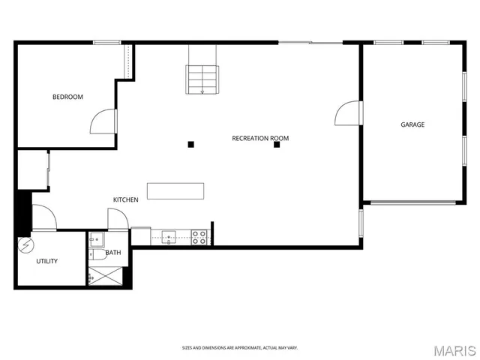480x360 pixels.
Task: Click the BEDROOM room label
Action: [x=67, y=97]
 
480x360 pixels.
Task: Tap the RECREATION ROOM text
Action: [x=260, y=138]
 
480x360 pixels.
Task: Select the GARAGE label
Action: [x=412, y=124]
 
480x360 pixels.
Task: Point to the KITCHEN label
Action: [x=125, y=199]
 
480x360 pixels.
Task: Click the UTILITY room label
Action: [x=47, y=261]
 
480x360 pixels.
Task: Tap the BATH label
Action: [x=113, y=253]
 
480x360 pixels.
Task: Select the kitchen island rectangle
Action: [x=175, y=190]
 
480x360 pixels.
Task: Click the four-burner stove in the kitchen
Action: [x=199, y=238]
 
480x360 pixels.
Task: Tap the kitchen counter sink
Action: [x=169, y=237]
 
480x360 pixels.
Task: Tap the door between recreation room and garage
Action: [x=348, y=113]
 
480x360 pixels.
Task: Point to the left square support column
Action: [x=191, y=144]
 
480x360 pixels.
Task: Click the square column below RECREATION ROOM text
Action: [x=277, y=145]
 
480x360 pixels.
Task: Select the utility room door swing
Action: [x=43, y=217]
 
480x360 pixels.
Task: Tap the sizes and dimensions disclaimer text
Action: [x=239, y=347]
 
